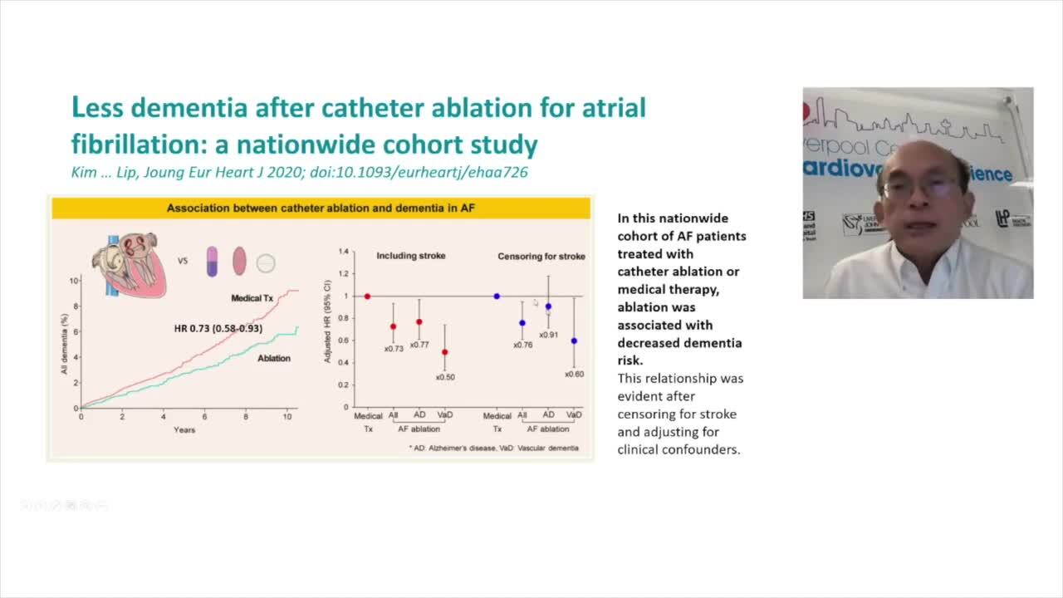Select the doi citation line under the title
(x=299, y=172)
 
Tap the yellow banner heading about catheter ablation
(x=321, y=208)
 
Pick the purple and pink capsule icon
(x=212, y=261)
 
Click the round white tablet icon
(x=265, y=263)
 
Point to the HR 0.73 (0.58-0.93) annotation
(x=218, y=329)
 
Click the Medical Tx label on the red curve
(x=252, y=297)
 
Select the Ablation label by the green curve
(x=273, y=358)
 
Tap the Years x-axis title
(x=184, y=429)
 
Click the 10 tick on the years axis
(x=287, y=416)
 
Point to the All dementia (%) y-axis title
(x=64, y=344)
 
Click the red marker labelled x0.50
(x=445, y=352)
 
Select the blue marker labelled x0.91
(x=548, y=306)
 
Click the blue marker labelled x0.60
(x=574, y=341)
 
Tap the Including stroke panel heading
(x=410, y=256)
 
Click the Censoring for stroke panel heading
(x=541, y=257)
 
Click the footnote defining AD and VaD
(x=493, y=448)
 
